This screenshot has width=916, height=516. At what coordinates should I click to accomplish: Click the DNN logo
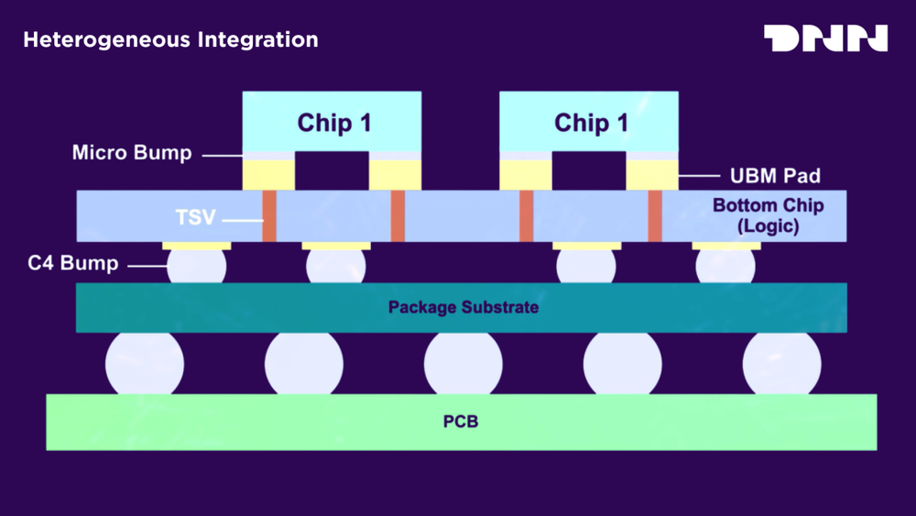click(x=825, y=38)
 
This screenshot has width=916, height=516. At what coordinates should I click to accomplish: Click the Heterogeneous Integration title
click(x=170, y=40)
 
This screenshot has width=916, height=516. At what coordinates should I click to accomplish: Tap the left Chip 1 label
click(x=334, y=123)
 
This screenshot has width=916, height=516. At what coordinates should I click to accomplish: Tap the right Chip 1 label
click(x=591, y=123)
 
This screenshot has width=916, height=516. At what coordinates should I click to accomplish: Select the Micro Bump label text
click(x=132, y=152)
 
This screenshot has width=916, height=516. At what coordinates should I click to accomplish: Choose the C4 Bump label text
click(x=72, y=264)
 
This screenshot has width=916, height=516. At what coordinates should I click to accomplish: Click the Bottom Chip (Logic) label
click(x=768, y=215)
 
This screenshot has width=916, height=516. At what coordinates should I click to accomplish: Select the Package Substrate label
click(x=463, y=307)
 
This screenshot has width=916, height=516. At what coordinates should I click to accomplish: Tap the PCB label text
click(x=462, y=423)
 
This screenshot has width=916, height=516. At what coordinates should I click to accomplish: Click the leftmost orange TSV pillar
click(x=269, y=216)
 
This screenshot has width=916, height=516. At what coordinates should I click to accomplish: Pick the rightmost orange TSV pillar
click(x=655, y=216)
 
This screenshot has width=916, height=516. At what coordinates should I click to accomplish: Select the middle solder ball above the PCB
click(x=463, y=363)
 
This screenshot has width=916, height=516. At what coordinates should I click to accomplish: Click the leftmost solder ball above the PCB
click(x=145, y=363)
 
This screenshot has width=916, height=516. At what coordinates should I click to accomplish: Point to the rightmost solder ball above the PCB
click(x=781, y=363)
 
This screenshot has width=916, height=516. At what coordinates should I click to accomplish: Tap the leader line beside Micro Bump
click(x=221, y=155)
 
